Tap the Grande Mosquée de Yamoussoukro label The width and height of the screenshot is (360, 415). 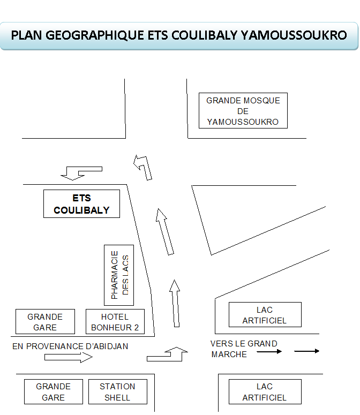tap(243, 111)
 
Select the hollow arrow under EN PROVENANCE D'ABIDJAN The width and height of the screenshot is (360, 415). tap(68, 357)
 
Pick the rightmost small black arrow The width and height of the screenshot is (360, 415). tap(307, 351)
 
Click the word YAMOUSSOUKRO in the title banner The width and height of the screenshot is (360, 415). tap(294, 35)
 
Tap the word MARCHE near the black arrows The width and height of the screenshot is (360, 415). tap(229, 354)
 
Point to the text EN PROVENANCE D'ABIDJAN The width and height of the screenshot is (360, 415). tap(70, 346)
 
